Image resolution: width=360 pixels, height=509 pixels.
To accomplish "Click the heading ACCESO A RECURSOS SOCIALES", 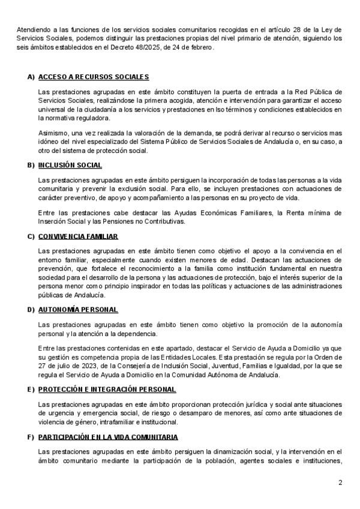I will coord(93,77).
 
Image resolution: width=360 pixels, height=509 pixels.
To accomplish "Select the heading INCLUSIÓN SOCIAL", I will coord(70,164).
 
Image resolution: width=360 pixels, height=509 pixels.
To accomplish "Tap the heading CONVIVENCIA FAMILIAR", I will coord(77,236).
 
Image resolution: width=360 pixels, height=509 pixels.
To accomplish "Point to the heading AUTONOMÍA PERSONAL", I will coord(77,309).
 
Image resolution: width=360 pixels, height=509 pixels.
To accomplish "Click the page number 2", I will coord(340,483).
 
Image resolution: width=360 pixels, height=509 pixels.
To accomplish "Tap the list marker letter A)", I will coord(31,77).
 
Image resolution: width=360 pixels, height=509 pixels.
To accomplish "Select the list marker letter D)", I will coord(31,309).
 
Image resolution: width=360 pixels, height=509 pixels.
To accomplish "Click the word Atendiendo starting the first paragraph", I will coord(32,29).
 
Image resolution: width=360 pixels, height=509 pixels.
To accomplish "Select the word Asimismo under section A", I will coord(52,132).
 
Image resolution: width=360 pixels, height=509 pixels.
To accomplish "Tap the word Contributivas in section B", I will coord(166,221).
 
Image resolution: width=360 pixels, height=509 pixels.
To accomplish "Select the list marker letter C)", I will coord(31,236).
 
